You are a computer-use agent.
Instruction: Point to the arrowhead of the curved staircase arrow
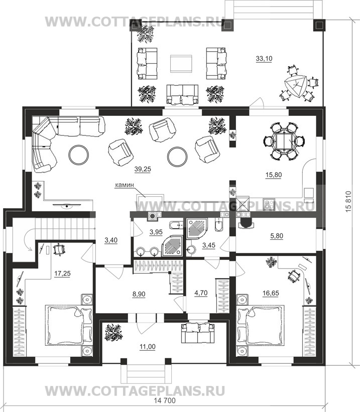click(31, 249)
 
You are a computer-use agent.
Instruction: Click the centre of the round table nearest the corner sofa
click(79, 155)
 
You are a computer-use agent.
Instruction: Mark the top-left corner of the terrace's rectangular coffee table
click(170, 55)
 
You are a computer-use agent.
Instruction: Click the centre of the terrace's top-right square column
click(319, 25)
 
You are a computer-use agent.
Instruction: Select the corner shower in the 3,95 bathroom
click(172, 245)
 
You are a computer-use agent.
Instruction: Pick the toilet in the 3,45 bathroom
click(219, 225)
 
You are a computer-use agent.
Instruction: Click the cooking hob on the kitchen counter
click(269, 204)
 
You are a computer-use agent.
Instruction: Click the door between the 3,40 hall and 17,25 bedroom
click(88, 252)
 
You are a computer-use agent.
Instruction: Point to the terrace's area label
click(264, 59)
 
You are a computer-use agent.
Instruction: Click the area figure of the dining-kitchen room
click(274, 175)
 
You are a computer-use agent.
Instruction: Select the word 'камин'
click(124, 185)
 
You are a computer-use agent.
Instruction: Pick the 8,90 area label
click(139, 294)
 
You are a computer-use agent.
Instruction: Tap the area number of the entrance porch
click(148, 347)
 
